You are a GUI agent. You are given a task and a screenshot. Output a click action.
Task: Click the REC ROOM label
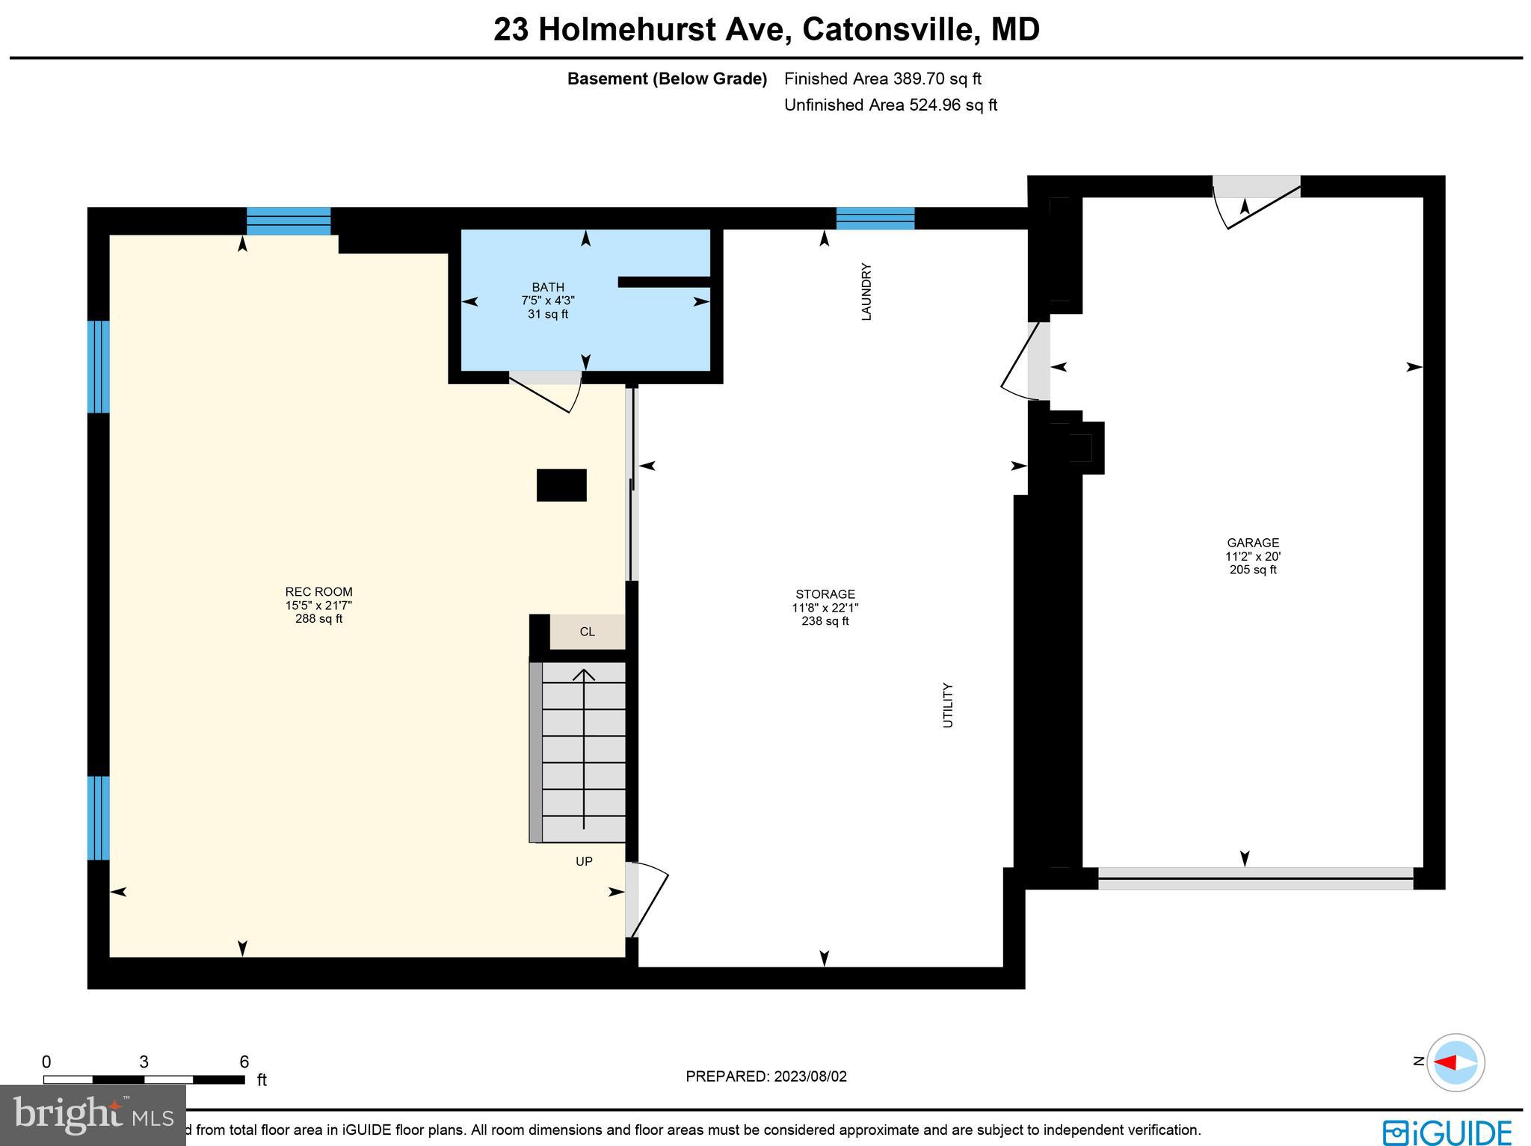click(318, 592)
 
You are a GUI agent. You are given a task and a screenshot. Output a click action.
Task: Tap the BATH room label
click(548, 287)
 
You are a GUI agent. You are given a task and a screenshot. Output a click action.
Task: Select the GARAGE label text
click(1253, 543)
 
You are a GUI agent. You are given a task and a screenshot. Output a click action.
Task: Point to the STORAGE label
click(825, 594)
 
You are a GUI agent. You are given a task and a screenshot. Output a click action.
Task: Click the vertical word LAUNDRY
click(866, 292)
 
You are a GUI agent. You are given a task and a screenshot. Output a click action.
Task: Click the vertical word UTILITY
click(947, 705)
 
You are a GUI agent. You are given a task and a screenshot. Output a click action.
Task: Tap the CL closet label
click(588, 632)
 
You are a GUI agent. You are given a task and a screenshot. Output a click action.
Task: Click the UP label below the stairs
click(584, 861)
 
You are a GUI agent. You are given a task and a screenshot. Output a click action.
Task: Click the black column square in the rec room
click(561, 485)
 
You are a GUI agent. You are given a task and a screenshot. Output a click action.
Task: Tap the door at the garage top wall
click(1256, 198)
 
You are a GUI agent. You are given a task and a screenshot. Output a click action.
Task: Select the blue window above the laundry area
click(875, 218)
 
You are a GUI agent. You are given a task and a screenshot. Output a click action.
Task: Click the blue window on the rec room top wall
click(289, 221)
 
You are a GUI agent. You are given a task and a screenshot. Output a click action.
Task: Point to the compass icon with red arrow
click(1455, 1062)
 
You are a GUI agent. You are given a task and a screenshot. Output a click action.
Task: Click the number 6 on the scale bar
click(244, 1062)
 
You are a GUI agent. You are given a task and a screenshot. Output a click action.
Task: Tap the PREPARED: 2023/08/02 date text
click(766, 1076)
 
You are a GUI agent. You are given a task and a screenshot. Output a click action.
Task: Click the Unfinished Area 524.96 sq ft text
click(890, 105)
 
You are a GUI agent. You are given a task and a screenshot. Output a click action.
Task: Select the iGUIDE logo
click(1447, 1132)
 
